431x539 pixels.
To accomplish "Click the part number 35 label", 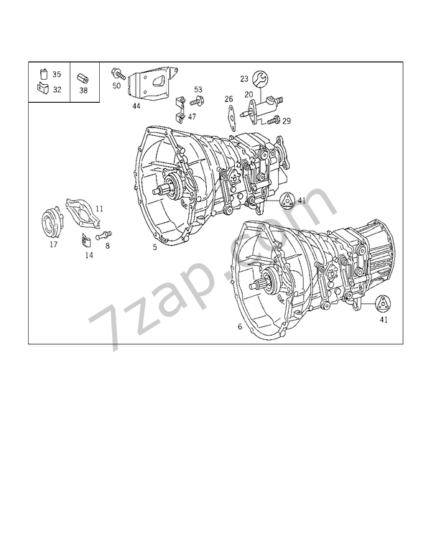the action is [x=57, y=74].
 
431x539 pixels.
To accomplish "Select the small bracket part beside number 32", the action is [x=42, y=88].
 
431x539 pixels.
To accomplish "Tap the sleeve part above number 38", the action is [x=83, y=78].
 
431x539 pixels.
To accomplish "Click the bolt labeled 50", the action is [x=119, y=74].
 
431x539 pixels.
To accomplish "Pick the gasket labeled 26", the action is [x=232, y=118].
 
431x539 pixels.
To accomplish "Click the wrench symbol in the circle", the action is [x=260, y=79].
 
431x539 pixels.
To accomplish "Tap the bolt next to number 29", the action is [x=274, y=120].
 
